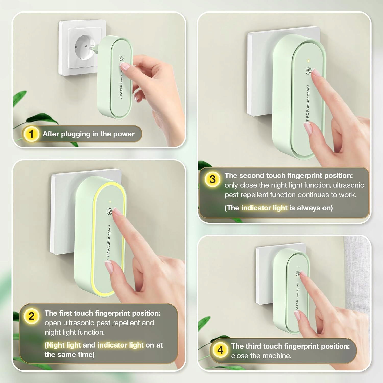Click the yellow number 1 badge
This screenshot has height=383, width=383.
(31, 134)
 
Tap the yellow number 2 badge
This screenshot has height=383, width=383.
(31, 316)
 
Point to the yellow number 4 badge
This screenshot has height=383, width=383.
(220, 350)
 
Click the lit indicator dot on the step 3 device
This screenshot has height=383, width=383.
(309, 61)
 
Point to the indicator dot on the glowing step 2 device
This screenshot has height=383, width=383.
(110, 202)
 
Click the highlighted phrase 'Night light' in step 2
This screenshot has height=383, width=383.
(64, 345)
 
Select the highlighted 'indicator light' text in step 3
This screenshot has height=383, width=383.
(264, 208)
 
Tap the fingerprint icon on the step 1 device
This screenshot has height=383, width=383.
(122, 59)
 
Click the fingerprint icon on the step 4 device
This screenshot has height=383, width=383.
(298, 273)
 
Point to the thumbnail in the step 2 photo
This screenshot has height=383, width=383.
(110, 268)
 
